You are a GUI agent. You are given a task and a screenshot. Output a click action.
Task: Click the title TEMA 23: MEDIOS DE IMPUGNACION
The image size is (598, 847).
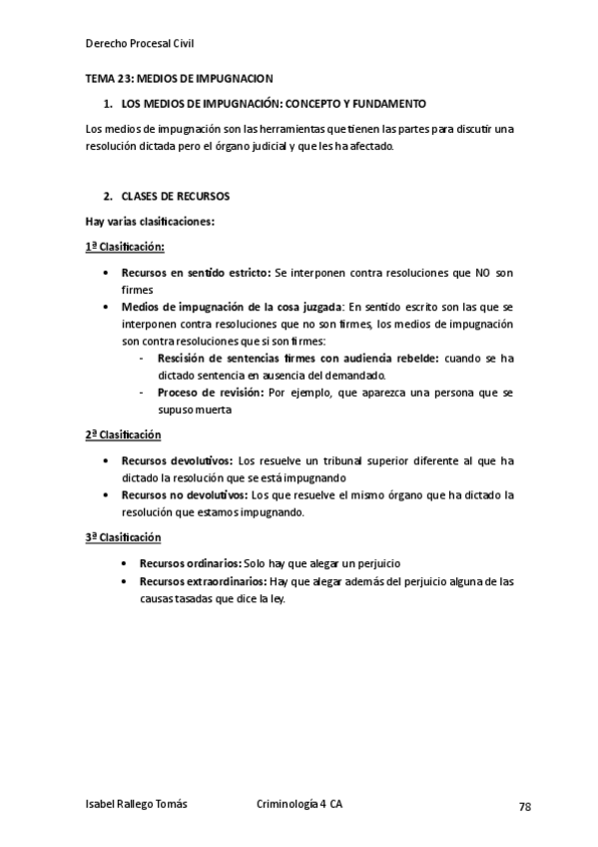point(179,78)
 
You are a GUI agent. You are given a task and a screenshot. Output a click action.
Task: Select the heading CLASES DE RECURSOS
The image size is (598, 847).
point(176,196)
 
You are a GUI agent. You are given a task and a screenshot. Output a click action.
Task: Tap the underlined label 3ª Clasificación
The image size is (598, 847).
point(124,537)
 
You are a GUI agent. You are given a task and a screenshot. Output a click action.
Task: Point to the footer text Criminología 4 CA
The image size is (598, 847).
point(299,804)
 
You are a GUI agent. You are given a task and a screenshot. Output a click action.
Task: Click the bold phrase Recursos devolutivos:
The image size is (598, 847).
point(177,460)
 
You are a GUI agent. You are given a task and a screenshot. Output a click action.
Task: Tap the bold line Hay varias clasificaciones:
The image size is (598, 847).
point(151,221)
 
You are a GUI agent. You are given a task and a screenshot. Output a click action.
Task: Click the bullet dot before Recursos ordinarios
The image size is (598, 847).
point(124,563)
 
